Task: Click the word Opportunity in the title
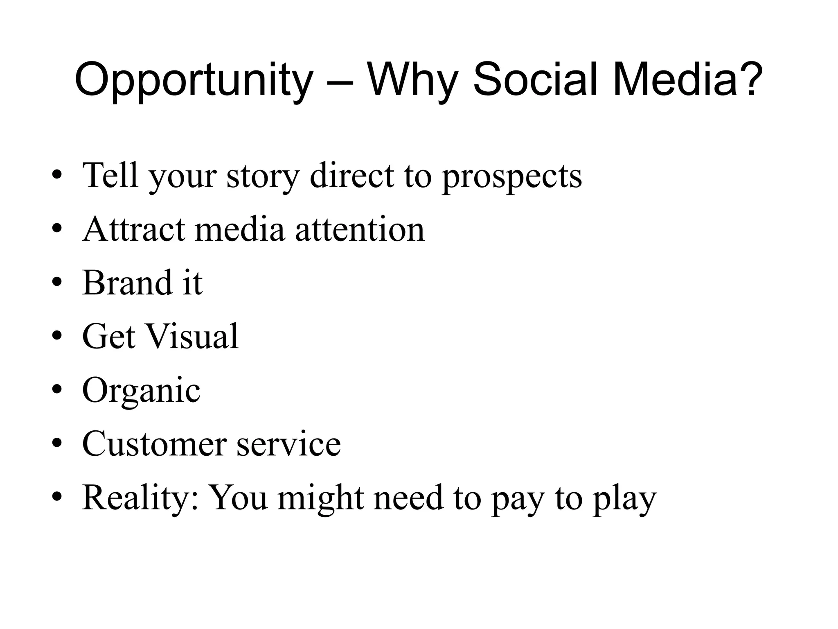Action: pyautogui.click(x=193, y=80)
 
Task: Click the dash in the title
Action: pyautogui.click(x=340, y=82)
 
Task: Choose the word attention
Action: pyautogui.click(x=360, y=229)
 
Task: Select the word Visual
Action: pyautogui.click(x=192, y=337)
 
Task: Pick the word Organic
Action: pyautogui.click(x=141, y=391)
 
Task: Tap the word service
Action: pyautogui.click(x=289, y=444)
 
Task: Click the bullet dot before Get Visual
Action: pyautogui.click(x=57, y=337)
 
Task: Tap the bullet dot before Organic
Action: pyautogui.click(x=57, y=389)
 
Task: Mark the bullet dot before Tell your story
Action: pyautogui.click(x=57, y=175)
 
